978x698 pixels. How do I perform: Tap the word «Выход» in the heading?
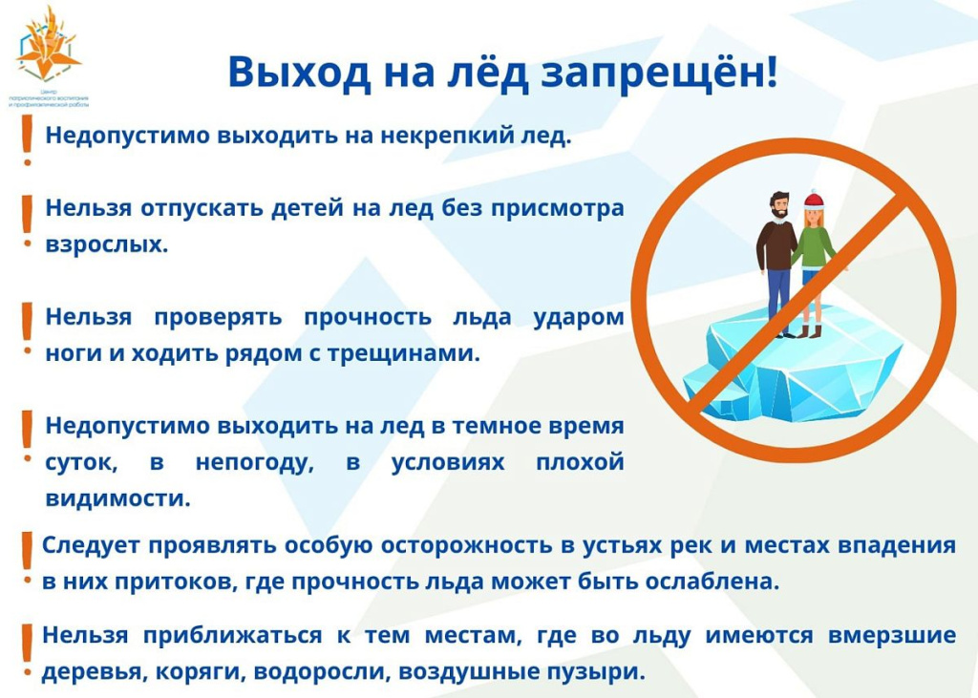[x=286, y=73]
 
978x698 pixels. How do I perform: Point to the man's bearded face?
[x=780, y=205]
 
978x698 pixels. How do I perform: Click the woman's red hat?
[x=813, y=199]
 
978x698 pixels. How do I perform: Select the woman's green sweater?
[x=814, y=245]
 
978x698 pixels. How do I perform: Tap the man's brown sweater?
[x=776, y=245]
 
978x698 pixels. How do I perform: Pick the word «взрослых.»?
[x=107, y=243]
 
